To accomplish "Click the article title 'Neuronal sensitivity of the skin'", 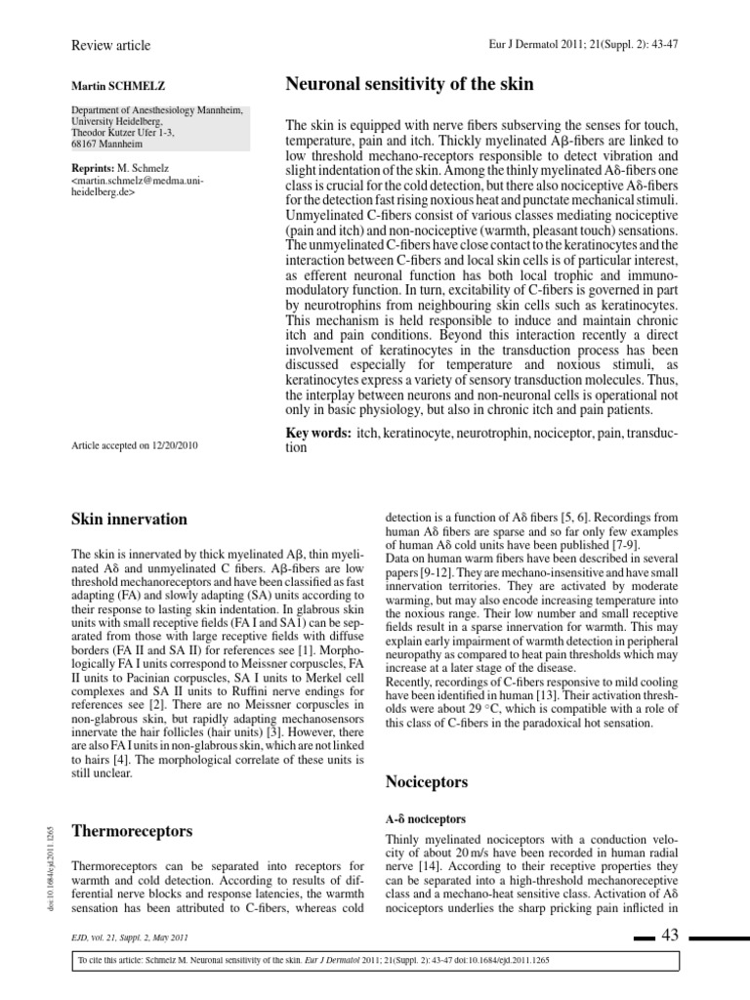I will tap(409, 84).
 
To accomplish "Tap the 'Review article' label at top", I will tap(111, 45).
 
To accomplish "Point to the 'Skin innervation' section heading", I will tap(130, 519).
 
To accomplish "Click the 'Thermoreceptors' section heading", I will tap(132, 831).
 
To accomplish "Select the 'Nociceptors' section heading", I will tap(428, 782).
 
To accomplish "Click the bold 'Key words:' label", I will tap(317, 433).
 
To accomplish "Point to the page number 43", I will tap(669, 936).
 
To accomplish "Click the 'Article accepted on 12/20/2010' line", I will tap(136, 445).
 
